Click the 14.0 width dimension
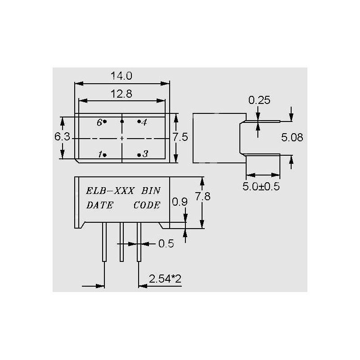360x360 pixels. pos(121,76)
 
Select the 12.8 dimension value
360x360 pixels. pos(121,94)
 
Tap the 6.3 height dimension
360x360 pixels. pos(62,137)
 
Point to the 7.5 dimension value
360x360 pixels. pos(180,137)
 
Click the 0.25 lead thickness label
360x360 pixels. pos(259,100)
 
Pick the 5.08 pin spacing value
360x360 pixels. pos(292,138)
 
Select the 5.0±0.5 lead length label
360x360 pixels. pos(261,186)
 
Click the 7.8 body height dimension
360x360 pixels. pos(203,197)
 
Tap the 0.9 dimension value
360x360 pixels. pos(180,202)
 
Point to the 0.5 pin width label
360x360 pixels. pos(166,243)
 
